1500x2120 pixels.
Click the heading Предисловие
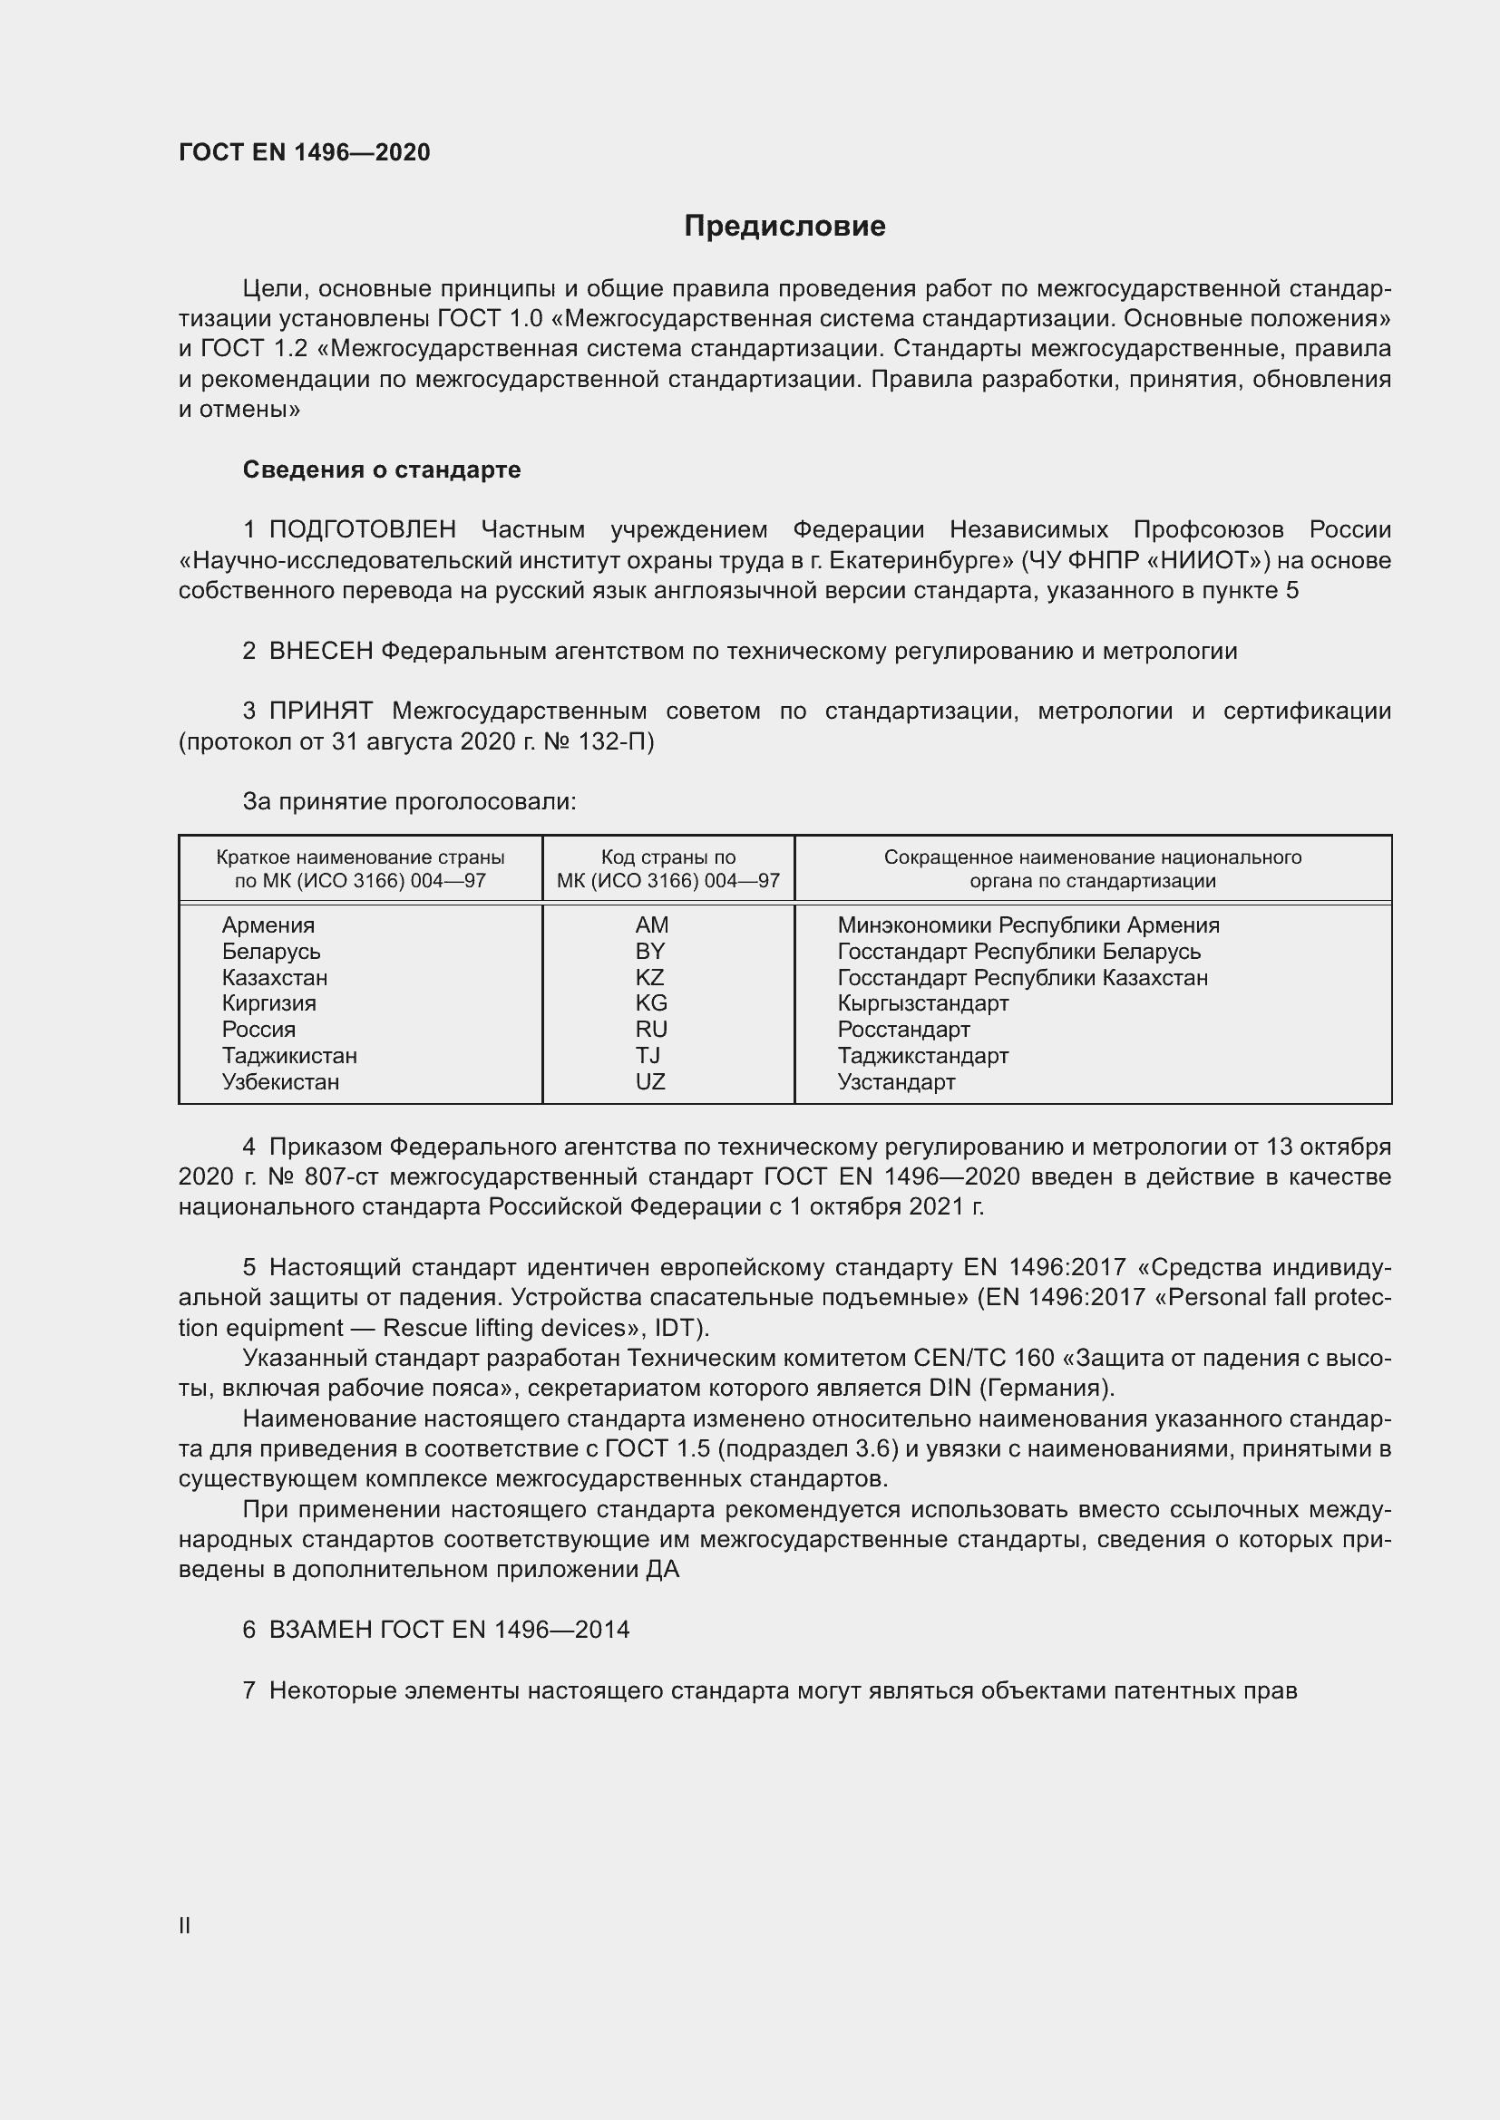784,227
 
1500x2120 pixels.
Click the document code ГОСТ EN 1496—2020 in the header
304,152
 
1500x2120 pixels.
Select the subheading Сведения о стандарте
382,470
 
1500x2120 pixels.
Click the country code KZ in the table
649,977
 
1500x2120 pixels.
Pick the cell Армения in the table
268,925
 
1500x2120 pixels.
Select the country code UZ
650,1081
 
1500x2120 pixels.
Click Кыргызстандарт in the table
922,1002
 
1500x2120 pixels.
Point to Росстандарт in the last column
903,1029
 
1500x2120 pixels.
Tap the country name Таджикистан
289,1055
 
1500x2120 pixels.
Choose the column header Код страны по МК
667,868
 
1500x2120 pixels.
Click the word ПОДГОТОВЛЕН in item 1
363,530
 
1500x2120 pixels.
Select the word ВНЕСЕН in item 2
321,651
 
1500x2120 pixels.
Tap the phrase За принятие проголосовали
409,801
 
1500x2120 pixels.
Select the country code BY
650,951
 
